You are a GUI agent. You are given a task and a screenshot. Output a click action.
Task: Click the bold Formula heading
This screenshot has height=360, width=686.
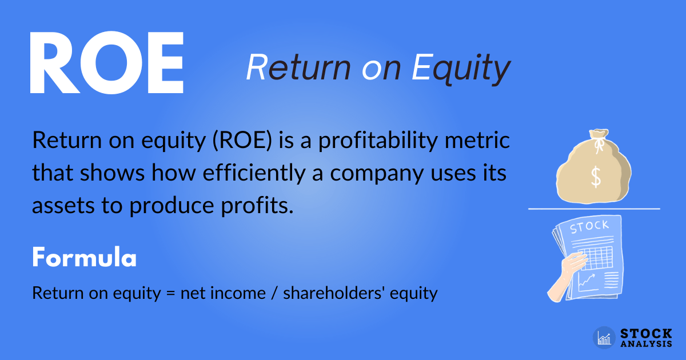pyautogui.click(x=84, y=258)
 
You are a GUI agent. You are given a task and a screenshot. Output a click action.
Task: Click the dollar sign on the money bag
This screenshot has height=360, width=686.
pyautogui.click(x=596, y=178)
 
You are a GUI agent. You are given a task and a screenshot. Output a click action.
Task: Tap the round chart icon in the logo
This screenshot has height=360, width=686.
pyautogui.click(x=604, y=338)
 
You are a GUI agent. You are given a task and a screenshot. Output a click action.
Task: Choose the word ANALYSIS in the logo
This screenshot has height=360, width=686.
pyautogui.click(x=646, y=344)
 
